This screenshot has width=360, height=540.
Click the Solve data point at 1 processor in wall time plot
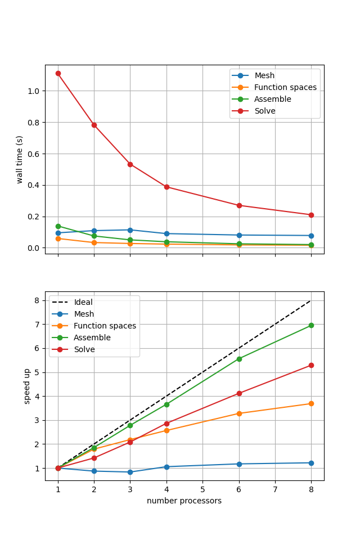tap(58, 73)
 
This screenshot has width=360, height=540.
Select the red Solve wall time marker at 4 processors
tap(166, 187)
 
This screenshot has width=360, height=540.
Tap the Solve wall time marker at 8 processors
tap(311, 215)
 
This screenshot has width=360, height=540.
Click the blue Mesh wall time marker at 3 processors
tap(130, 230)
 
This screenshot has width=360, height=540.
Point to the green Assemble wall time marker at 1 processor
tap(58, 226)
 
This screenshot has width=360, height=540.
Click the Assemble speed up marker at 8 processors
tap(311, 325)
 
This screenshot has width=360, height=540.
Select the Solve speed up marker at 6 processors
tap(239, 393)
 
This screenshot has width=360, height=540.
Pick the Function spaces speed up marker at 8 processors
tap(311, 403)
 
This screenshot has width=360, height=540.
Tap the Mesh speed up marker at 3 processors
tap(130, 472)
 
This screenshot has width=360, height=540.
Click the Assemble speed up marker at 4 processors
tap(166, 404)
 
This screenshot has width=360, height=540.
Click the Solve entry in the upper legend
tap(264, 111)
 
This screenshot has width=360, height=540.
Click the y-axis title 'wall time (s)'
tap(20, 159)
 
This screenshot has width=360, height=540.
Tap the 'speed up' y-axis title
tap(27, 386)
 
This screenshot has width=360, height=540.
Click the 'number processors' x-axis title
tap(184, 501)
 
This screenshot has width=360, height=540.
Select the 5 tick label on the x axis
tap(202, 490)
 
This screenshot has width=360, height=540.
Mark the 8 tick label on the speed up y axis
tap(38, 300)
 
